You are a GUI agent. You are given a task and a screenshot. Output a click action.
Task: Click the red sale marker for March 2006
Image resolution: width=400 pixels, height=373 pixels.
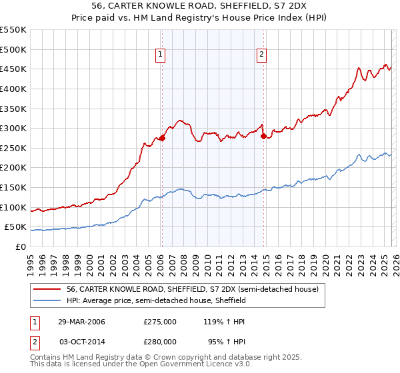click(162, 139)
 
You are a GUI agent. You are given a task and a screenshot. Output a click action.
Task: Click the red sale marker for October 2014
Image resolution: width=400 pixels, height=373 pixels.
click(263, 137)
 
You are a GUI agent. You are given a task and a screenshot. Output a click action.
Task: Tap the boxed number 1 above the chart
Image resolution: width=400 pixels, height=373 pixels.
click(161, 55)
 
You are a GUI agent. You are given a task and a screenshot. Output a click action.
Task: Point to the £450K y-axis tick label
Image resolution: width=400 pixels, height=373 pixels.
click(13, 69)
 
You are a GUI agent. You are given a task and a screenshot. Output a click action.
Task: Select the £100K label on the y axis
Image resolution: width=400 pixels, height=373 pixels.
click(13, 208)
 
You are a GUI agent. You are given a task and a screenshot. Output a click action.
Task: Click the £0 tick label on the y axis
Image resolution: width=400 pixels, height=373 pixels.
click(20, 247)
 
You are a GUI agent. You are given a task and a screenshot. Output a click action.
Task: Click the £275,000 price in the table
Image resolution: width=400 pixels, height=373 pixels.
click(160, 321)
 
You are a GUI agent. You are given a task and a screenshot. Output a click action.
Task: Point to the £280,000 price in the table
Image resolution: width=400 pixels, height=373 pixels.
click(160, 341)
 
